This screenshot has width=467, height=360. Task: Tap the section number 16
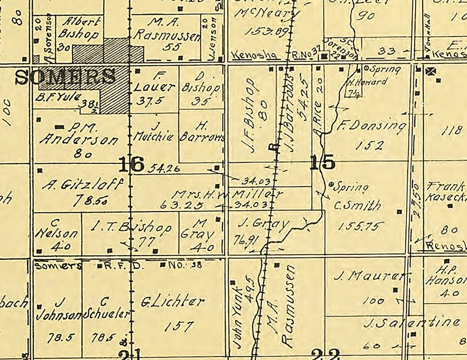[x=132, y=164]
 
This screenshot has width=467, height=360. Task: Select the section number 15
[x=323, y=162]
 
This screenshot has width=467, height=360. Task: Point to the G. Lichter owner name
[x=173, y=301]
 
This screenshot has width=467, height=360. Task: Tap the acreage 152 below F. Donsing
[x=369, y=145]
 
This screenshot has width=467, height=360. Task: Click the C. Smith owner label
[x=357, y=205]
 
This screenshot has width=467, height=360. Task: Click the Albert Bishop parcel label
[x=81, y=28]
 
